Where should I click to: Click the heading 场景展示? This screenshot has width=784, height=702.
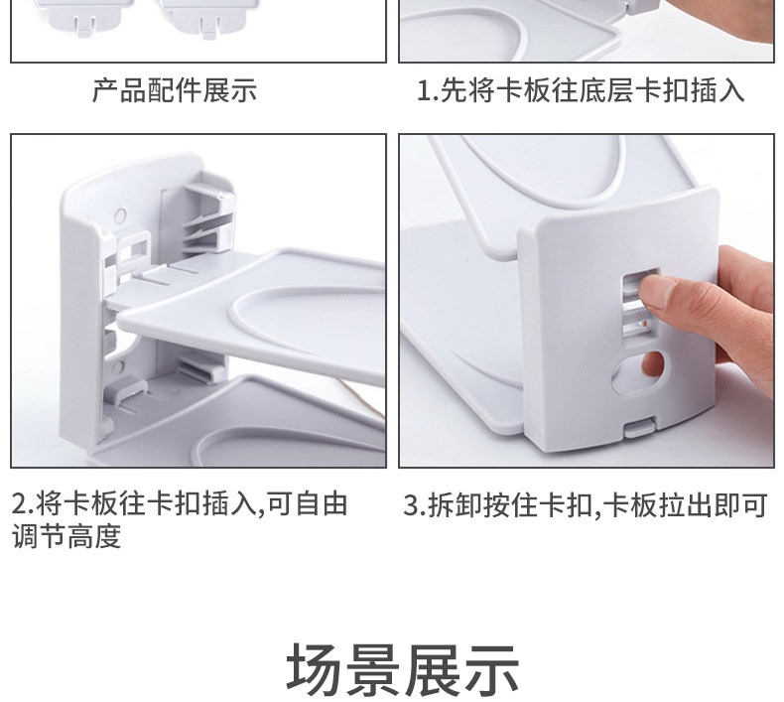(x=403, y=670)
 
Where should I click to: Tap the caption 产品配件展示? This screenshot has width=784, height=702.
(x=175, y=90)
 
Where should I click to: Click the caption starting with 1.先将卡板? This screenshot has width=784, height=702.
(x=581, y=90)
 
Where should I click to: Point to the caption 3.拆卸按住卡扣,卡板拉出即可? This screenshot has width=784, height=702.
(x=586, y=504)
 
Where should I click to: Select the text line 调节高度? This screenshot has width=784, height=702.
(x=66, y=536)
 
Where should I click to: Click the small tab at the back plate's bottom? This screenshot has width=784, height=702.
(x=639, y=428)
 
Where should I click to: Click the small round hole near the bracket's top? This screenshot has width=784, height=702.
(x=120, y=216)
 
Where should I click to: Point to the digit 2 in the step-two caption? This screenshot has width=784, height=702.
(x=19, y=504)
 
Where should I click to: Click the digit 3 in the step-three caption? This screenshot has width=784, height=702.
(x=411, y=505)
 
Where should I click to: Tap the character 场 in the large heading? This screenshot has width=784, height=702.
(x=316, y=670)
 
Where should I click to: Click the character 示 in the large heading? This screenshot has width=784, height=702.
(x=490, y=670)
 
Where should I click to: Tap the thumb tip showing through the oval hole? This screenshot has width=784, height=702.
(x=652, y=363)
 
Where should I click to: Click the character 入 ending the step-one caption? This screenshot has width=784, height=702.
(x=731, y=90)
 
